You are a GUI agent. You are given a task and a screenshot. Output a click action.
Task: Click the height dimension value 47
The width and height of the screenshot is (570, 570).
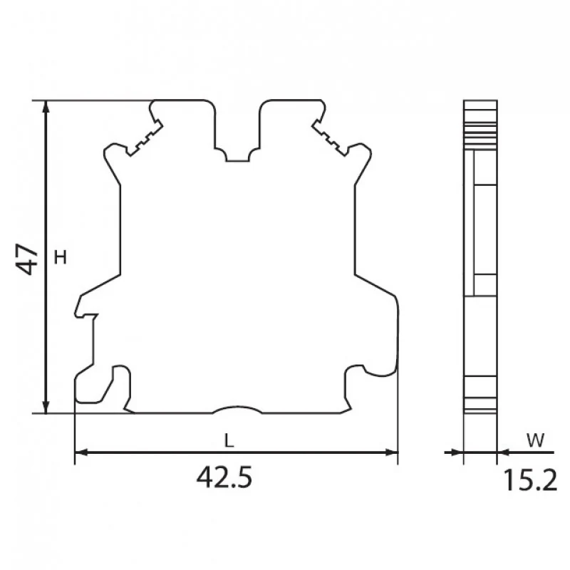point(27,259)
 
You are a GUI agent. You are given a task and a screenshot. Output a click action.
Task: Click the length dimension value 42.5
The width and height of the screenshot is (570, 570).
point(224,477)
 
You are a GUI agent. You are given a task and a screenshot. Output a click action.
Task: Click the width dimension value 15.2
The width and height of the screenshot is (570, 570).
point(530,480)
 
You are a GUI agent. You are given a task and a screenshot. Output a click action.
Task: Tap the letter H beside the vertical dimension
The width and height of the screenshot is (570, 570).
point(61,257)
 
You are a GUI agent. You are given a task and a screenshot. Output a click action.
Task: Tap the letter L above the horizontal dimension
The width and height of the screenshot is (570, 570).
point(229,441)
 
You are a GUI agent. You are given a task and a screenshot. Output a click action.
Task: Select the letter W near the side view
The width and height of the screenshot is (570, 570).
point(536,440)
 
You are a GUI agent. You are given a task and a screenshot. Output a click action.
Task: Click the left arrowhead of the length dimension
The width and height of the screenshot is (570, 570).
point(81,452)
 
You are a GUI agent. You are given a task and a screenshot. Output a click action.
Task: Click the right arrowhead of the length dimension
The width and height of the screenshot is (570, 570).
point(391,452)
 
